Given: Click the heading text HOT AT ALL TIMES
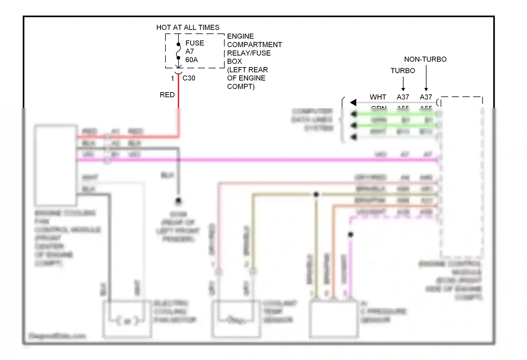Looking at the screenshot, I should point(188,27).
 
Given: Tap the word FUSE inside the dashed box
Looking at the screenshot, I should point(195,43).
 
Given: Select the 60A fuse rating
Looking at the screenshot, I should point(191,60).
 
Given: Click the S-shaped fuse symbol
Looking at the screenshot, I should point(178,51).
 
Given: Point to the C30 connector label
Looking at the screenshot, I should point(189,78).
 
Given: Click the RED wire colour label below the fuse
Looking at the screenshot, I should point(167,95).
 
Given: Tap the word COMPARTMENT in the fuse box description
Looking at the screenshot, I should point(254,45).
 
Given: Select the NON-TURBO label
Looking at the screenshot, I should point(425,59).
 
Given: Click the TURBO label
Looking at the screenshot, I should point(403,71).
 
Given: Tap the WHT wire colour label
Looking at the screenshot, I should point(378,97).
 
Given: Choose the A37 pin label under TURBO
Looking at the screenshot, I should point(403,97).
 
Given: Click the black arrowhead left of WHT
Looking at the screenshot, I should point(353,102).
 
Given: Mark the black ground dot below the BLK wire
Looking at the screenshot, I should point(178,201).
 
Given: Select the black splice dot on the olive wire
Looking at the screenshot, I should point(316,194).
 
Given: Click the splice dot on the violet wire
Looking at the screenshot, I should point(351,234).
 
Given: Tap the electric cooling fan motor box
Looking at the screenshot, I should point(127,319).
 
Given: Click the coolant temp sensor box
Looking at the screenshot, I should point(236,319).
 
